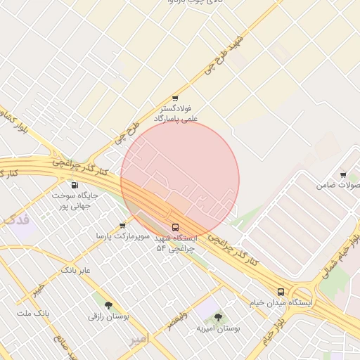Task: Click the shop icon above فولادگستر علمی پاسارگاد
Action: point(175,98)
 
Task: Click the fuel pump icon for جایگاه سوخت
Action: point(75,185)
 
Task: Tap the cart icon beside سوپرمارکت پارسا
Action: point(123,226)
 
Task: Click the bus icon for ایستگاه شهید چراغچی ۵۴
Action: point(175,227)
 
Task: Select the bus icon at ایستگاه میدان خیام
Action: point(281,291)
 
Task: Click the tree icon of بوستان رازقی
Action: point(108,304)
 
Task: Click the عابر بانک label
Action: point(76,270)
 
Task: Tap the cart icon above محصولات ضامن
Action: point(343,175)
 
